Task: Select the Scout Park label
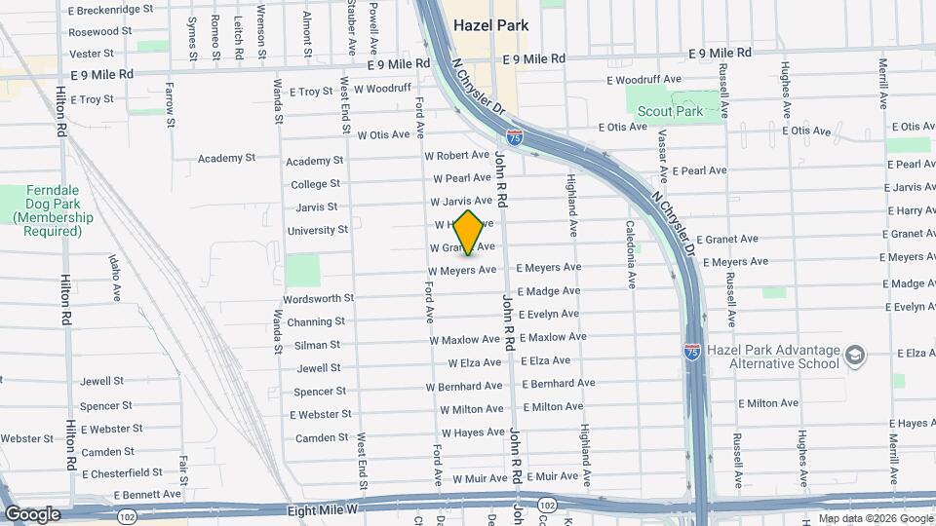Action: click(x=670, y=112)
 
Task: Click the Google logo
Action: click(x=32, y=513)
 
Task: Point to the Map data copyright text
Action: click(x=875, y=518)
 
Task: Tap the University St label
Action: click(x=318, y=230)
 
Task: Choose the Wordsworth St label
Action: click(x=318, y=298)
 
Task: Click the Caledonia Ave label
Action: click(x=631, y=254)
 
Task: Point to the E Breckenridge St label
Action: click(x=111, y=9)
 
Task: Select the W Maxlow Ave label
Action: click(x=465, y=340)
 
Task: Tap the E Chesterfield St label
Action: click(x=123, y=473)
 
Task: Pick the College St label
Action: click(x=315, y=184)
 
